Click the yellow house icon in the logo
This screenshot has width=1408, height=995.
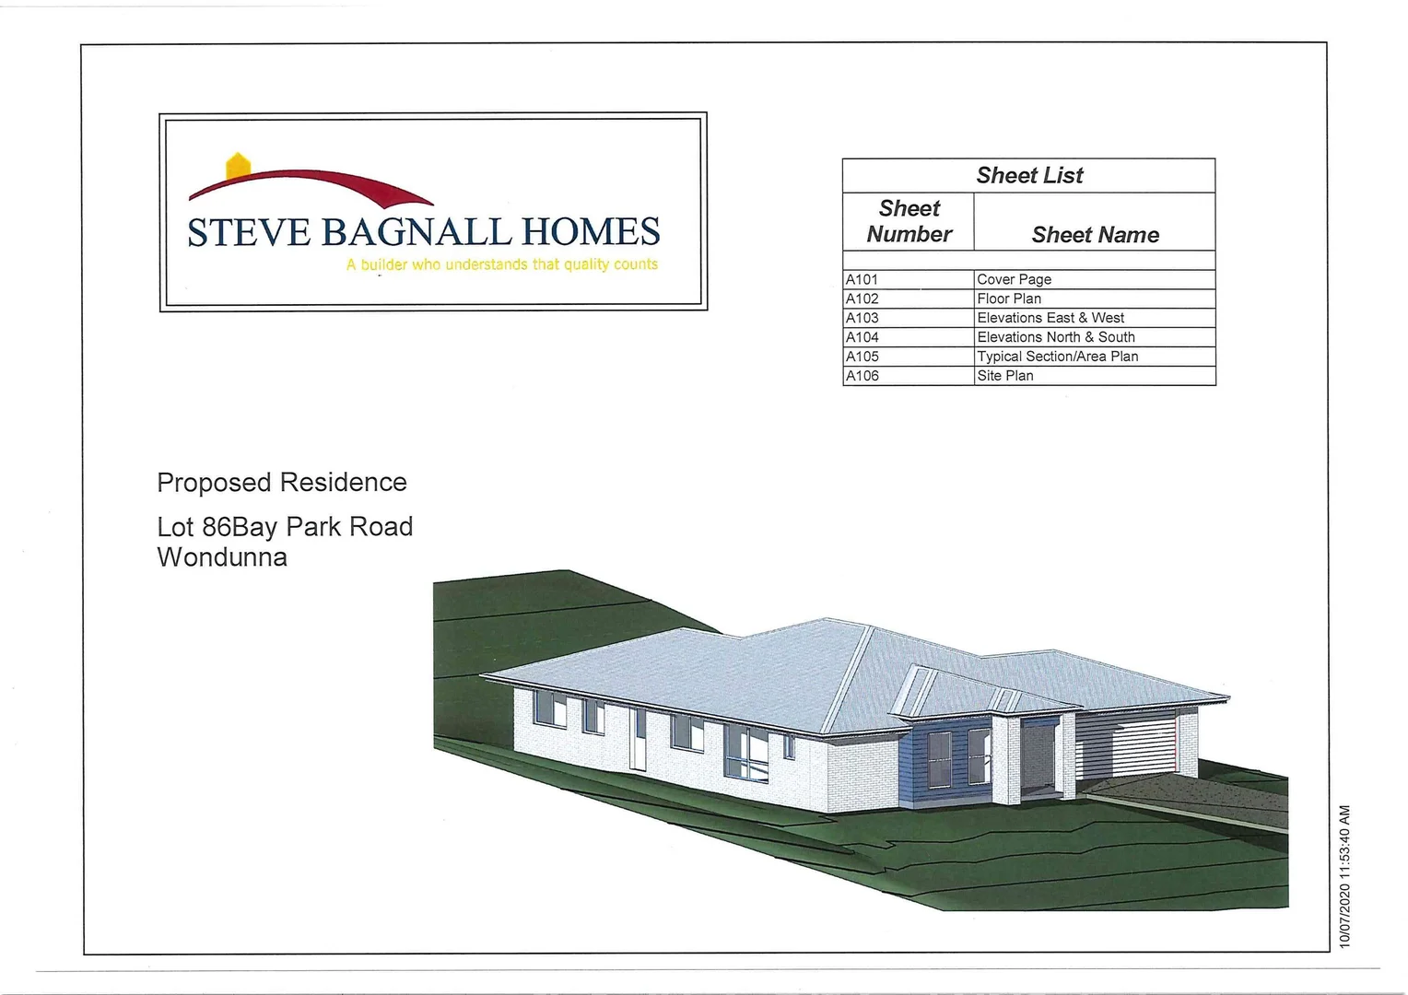[x=238, y=167]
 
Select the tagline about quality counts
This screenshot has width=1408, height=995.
[x=501, y=264]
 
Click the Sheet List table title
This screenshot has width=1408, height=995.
[x=1029, y=175]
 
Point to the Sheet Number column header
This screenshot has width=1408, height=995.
[x=909, y=221]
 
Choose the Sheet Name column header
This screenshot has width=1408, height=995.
[x=1095, y=235]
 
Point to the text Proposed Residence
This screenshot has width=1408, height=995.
[x=282, y=483]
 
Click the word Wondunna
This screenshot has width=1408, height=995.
[x=222, y=556]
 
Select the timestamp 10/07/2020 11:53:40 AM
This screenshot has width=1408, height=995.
[x=1343, y=876]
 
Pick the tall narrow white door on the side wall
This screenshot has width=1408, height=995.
[x=638, y=739]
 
